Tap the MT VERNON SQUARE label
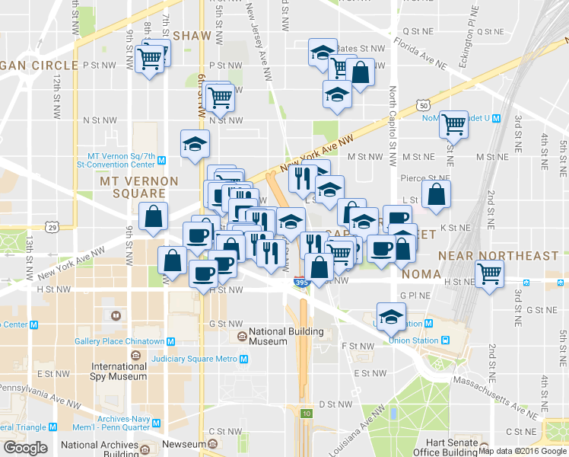click(139, 187)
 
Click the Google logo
click(25, 448)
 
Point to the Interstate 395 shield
click(301, 283)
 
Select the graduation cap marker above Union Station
click(392, 317)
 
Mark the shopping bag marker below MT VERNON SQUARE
click(153, 216)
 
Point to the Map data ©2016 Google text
click(523, 449)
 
